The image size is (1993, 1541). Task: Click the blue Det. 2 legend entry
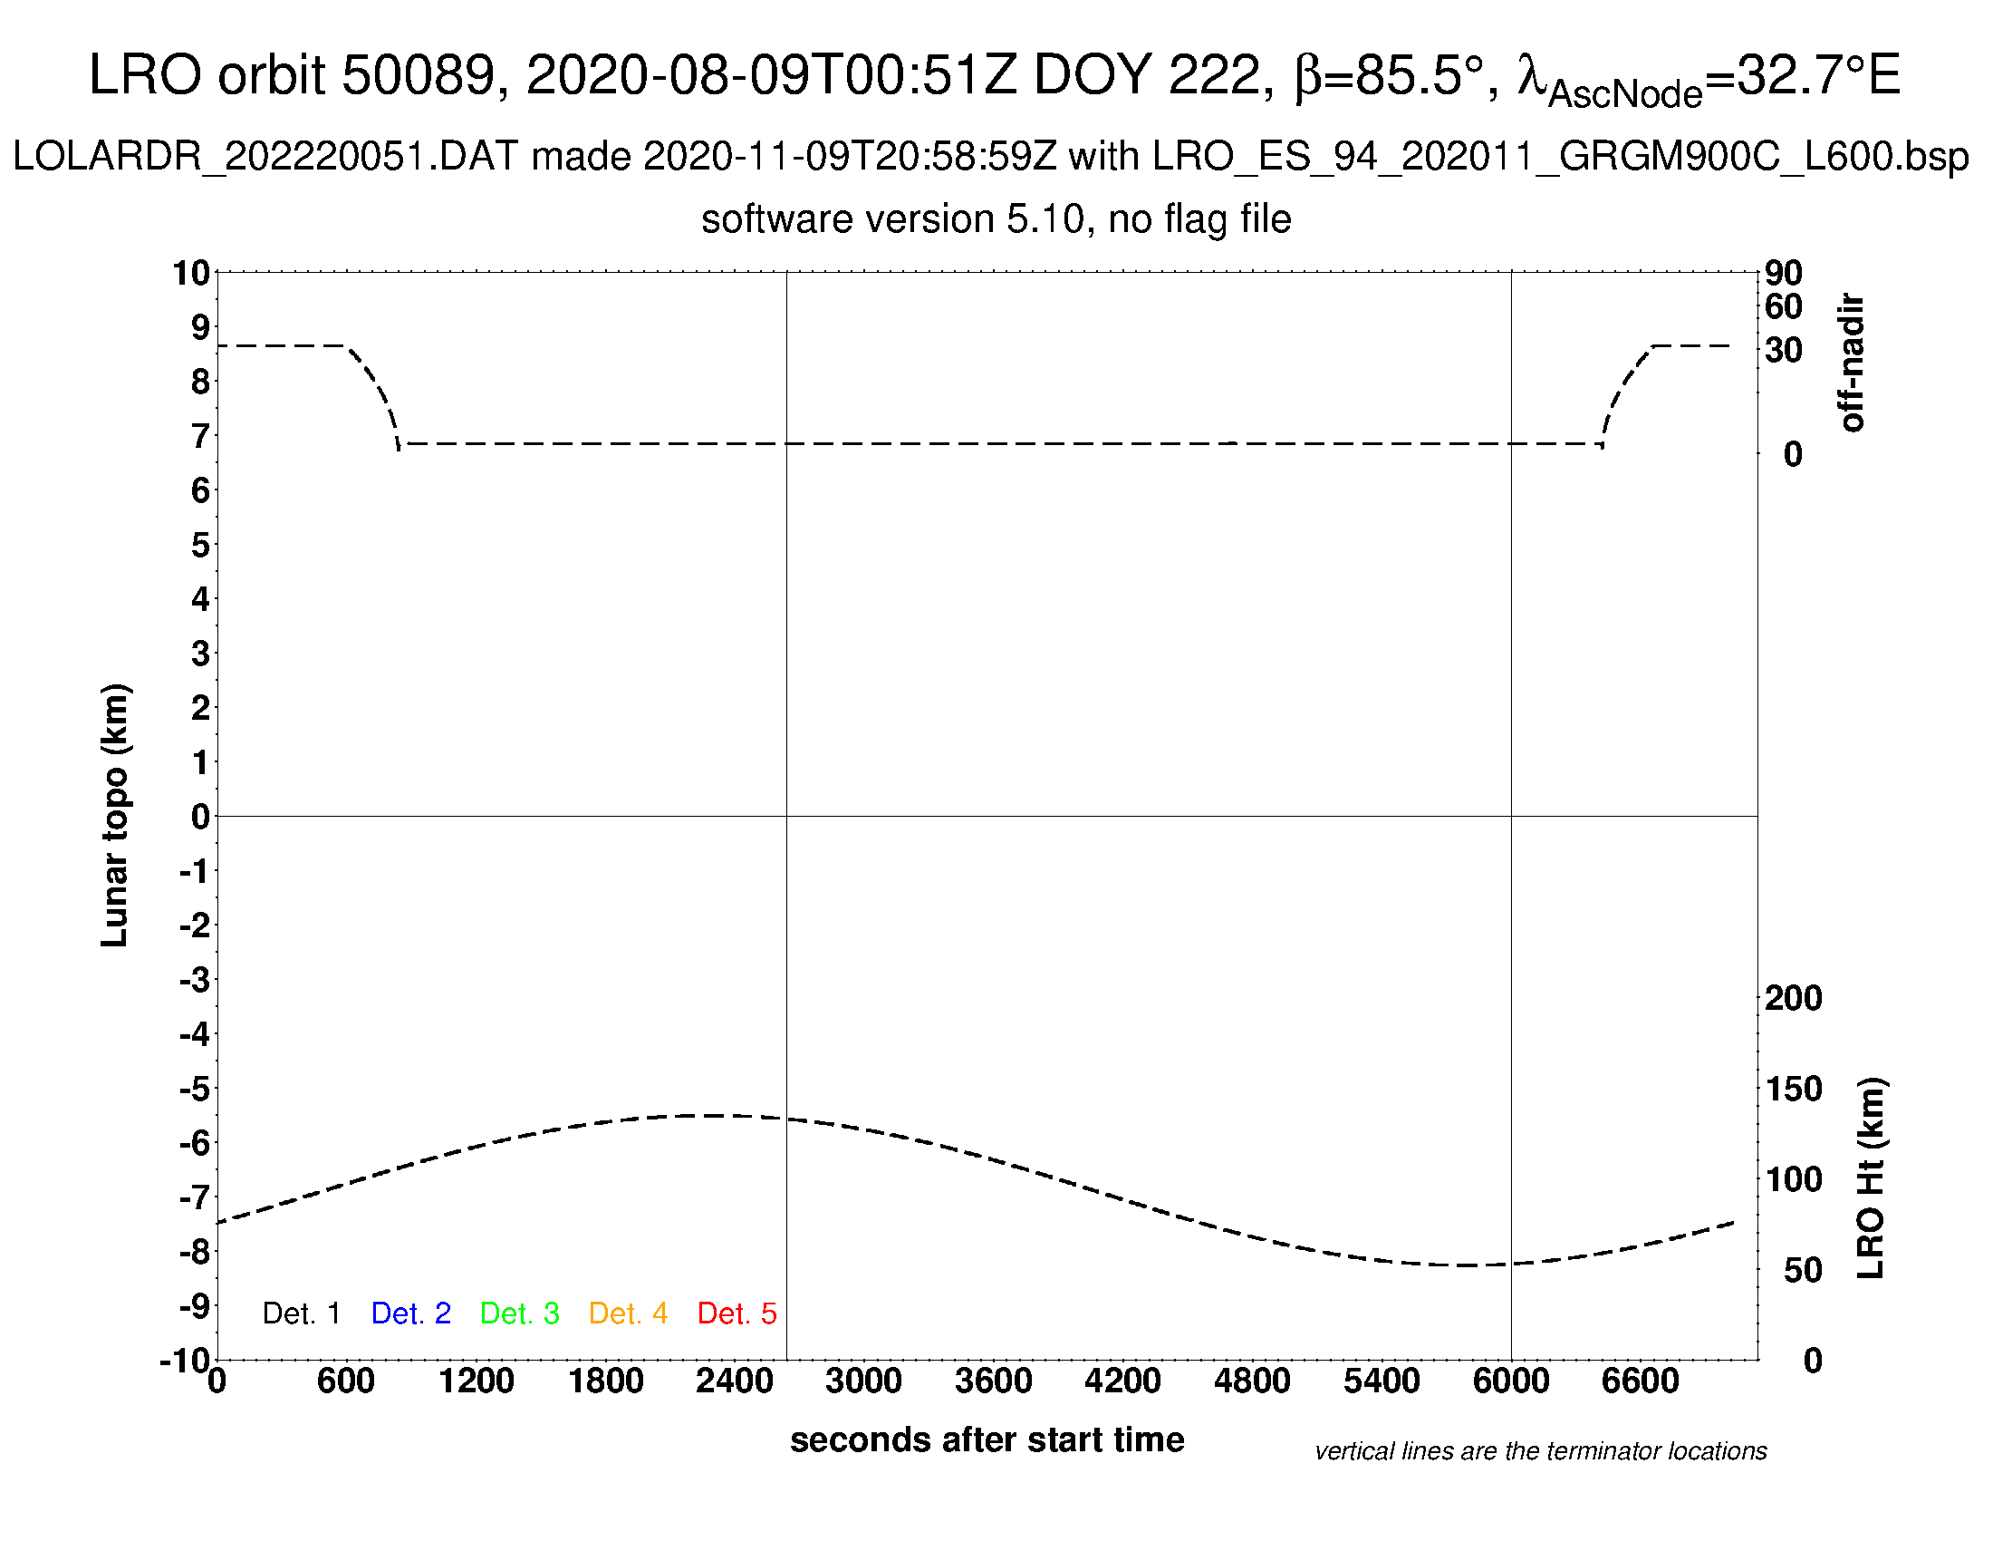[410, 1313]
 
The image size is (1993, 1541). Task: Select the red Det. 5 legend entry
[737, 1313]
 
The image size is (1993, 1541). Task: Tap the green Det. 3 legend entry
[519, 1313]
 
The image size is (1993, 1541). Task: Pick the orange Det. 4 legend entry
[628, 1313]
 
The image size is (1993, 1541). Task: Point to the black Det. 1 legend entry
[301, 1313]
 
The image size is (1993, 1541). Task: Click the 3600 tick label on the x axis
[993, 1381]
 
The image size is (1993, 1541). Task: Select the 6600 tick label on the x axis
[1640, 1381]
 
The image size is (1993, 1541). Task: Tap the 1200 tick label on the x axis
[476, 1381]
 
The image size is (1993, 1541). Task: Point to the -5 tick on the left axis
[195, 1089]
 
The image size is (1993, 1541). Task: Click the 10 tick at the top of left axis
[191, 273]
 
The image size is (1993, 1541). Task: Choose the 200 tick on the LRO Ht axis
[1793, 999]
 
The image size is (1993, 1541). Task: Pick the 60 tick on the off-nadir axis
[1783, 307]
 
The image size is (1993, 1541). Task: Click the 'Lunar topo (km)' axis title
[115, 815]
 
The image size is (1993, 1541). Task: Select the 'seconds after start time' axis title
[987, 1440]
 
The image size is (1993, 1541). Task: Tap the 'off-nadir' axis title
[1851, 363]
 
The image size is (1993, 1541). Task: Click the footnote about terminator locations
[1540, 1451]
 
